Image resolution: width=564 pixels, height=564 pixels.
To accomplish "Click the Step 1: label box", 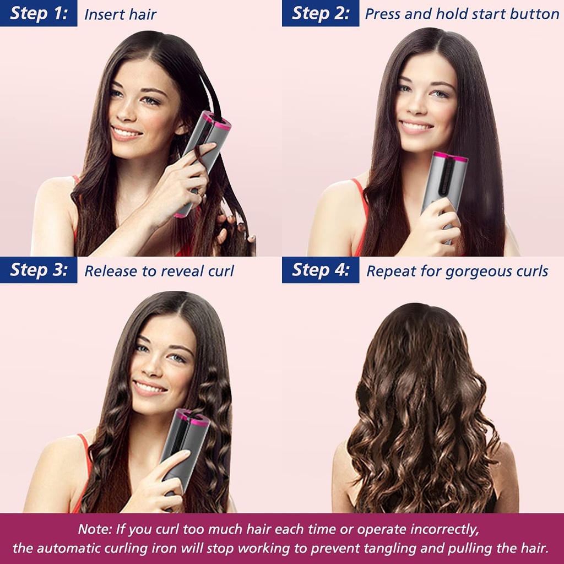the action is [39, 13].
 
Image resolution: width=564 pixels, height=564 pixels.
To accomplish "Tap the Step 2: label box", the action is [321, 13].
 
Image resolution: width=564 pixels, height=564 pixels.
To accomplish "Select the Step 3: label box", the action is [39, 270].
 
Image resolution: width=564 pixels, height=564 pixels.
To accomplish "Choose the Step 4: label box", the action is [321, 270].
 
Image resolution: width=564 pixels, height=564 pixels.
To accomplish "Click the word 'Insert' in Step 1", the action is [101, 15].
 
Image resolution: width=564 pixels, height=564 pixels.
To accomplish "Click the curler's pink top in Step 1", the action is [216, 120].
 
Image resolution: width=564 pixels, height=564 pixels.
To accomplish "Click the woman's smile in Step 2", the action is [416, 127].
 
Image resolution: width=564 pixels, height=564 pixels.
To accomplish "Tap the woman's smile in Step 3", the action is [150, 388].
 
